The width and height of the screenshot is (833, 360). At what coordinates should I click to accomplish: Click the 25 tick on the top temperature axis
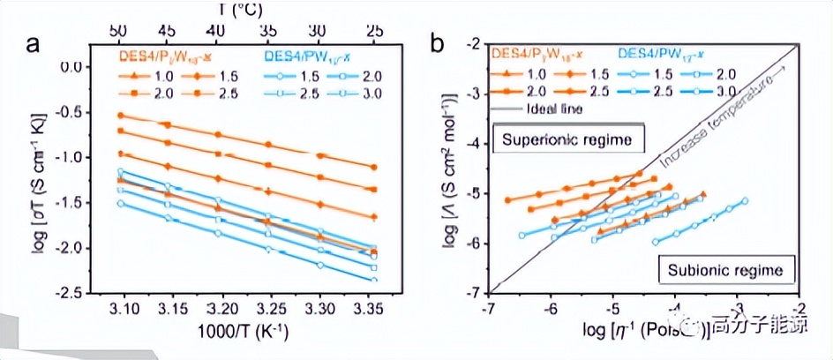(375, 29)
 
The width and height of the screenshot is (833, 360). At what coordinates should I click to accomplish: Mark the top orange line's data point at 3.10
(121, 115)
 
